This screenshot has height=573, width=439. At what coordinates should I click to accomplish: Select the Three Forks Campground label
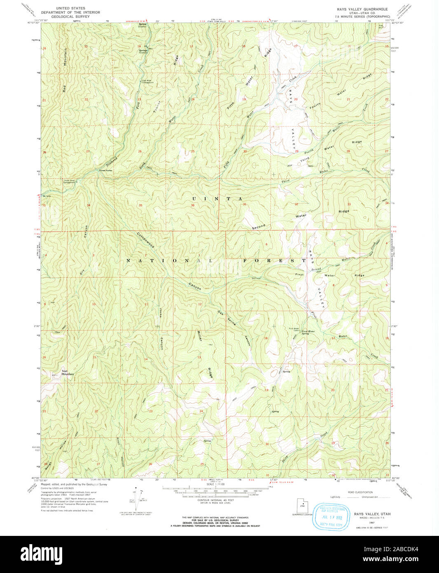[x=69, y=181]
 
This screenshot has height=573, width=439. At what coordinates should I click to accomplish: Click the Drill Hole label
[x=257, y=278]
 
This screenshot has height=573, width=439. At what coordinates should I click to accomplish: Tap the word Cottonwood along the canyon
[x=146, y=240]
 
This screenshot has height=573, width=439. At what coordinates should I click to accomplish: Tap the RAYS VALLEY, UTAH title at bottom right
[x=372, y=514]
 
